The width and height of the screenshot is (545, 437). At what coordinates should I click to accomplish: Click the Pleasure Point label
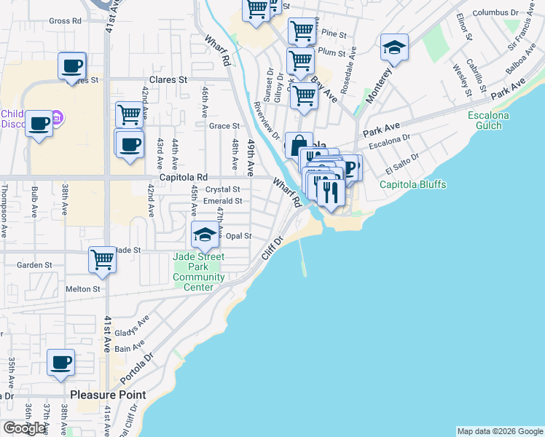click(108, 395)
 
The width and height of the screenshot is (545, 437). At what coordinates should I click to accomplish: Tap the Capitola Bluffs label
click(412, 184)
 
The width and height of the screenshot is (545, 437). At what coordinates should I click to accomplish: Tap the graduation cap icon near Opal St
click(205, 234)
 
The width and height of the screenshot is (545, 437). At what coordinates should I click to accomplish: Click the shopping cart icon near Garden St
click(102, 259)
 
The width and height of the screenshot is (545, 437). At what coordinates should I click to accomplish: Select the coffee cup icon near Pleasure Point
click(60, 362)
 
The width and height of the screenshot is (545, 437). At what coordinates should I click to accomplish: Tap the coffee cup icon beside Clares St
click(72, 65)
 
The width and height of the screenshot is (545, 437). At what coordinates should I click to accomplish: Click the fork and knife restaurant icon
click(331, 191)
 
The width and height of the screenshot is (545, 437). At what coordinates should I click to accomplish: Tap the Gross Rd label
click(65, 21)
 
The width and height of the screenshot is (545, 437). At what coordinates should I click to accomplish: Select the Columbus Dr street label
click(495, 13)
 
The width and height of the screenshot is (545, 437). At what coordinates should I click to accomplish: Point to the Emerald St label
click(223, 201)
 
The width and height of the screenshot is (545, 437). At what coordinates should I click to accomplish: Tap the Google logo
click(25, 428)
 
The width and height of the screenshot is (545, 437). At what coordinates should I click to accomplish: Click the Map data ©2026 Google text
click(499, 431)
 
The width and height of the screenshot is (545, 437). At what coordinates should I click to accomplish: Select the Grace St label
click(224, 126)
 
